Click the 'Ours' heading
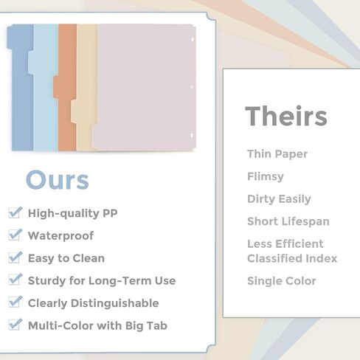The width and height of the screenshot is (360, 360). tap(58, 180)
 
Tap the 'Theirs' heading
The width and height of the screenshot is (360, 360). tap(286, 116)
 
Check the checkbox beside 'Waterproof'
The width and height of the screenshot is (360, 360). tap(15, 235)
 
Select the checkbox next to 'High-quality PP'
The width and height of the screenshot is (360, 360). tap(15, 212)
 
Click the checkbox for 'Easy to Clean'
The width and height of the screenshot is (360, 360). tap(15, 257)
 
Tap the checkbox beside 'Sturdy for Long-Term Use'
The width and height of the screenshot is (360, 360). tap(15, 280)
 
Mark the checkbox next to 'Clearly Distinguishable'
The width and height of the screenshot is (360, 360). tap(15, 302)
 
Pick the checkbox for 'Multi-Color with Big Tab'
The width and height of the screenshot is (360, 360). tap(15, 325)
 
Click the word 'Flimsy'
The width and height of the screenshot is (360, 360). tap(266, 177)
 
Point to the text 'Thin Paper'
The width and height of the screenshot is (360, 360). tap(277, 154)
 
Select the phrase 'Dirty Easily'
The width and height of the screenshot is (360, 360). tap(279, 199)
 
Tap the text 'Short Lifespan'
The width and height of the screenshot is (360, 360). tap(288, 221)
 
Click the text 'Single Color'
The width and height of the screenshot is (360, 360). tap(282, 281)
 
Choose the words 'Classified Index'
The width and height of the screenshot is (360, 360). tap(292, 258)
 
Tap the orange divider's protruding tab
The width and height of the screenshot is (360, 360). tap(56, 87)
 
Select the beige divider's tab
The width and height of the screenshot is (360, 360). tap(74, 111)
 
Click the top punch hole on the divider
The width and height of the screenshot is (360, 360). tap(193, 39)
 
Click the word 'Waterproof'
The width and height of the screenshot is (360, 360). tap(60, 235)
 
